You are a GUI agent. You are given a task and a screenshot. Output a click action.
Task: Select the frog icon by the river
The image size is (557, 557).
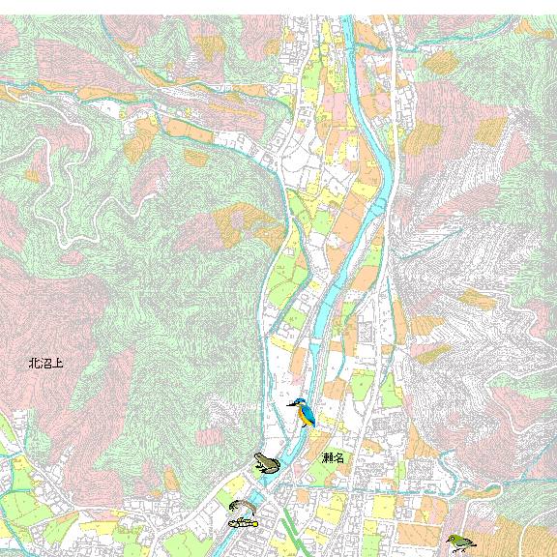pyautogui.click(x=267, y=462)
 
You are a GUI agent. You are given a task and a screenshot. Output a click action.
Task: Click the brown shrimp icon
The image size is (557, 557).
pyautogui.click(x=242, y=506)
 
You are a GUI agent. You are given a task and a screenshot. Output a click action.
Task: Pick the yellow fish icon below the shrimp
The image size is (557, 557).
pyautogui.click(x=243, y=522)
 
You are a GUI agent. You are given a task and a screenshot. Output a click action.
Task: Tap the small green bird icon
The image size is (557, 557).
pyautogui.click(x=459, y=542)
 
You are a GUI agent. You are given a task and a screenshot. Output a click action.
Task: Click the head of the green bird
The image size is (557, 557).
pyautogui.click(x=452, y=538)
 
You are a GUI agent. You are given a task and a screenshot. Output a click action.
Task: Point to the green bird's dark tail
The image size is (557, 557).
pyautogui.click(x=471, y=547)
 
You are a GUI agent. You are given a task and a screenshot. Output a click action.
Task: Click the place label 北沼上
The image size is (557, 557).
pyautogui.click(x=45, y=365)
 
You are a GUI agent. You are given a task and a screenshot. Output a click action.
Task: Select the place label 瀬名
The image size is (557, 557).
pyautogui.click(x=333, y=456)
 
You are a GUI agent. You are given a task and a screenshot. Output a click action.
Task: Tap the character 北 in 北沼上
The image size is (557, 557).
pyautogui.click(x=34, y=365)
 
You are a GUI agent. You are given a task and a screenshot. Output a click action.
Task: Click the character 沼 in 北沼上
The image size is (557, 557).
pyautogui.click(x=45, y=365)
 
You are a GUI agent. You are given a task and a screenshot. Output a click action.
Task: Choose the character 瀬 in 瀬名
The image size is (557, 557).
pyautogui.click(x=327, y=456)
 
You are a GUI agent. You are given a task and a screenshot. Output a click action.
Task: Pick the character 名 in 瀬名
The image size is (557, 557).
pyautogui.click(x=338, y=456)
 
